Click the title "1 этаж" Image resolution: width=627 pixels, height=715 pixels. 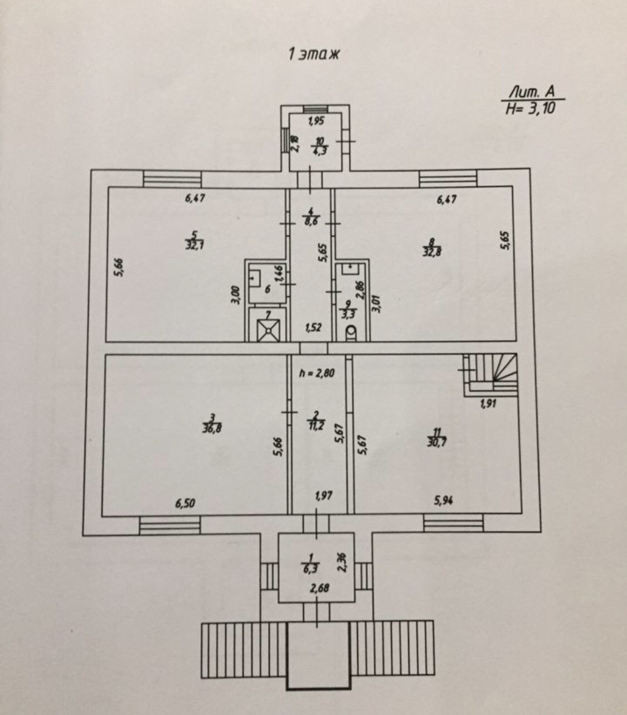point(314,55)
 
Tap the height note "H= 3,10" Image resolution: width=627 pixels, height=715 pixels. point(531,108)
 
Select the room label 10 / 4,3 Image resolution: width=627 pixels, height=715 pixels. point(318,147)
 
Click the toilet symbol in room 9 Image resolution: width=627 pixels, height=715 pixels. point(352,334)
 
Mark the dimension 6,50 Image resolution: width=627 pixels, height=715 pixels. point(186,504)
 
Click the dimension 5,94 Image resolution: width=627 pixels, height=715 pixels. point(444,500)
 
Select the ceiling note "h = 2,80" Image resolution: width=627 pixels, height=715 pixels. point(316,374)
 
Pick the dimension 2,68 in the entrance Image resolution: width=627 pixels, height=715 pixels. point(317,588)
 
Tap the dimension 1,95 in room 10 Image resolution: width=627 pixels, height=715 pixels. point(317,120)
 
